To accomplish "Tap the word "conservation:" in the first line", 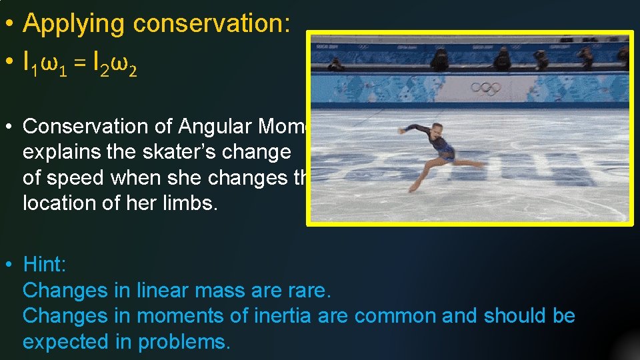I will [212, 24].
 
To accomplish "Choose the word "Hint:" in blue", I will [45, 265].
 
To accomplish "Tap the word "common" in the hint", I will [394, 316].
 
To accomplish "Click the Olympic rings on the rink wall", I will [485, 88].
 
